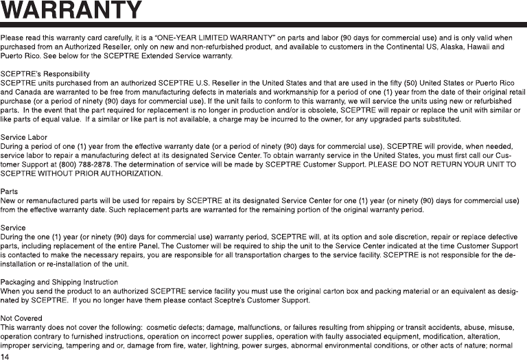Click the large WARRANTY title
pos(71,12)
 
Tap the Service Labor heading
pos(24,137)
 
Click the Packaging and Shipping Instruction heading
pos(59,282)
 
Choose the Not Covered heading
pos(21,318)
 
